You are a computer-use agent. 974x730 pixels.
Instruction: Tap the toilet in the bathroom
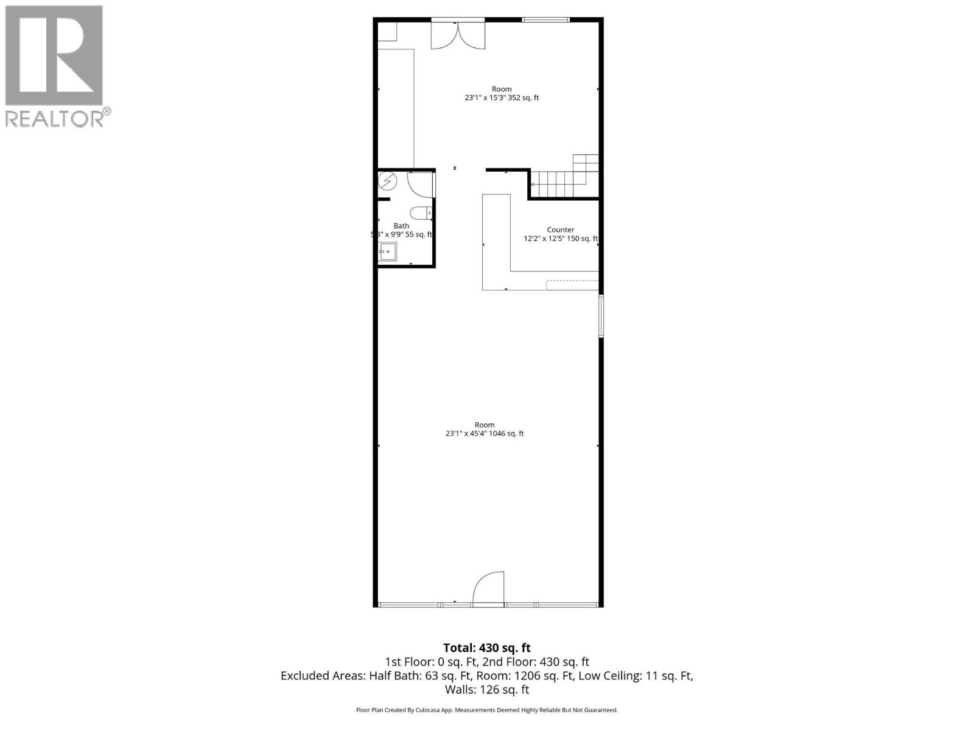tap(420, 213)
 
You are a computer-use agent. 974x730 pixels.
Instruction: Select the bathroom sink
tap(387, 251)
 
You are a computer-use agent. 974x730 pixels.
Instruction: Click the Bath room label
tap(401, 226)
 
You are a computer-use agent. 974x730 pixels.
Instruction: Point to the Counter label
tap(560, 230)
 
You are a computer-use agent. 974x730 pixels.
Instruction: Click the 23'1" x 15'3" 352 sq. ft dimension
tap(502, 97)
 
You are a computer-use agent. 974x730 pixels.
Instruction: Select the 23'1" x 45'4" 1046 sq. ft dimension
tap(485, 434)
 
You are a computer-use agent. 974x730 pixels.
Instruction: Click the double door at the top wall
tap(458, 35)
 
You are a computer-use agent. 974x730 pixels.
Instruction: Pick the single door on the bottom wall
tap(489, 589)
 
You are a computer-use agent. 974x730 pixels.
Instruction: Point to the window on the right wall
tap(601, 316)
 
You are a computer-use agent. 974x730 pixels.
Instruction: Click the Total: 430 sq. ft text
tap(486, 648)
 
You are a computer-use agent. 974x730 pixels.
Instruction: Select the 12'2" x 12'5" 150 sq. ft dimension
tap(561, 239)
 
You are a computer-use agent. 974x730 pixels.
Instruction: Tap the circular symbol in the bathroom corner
tap(387, 181)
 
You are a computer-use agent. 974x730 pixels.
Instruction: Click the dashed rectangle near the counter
tap(572, 285)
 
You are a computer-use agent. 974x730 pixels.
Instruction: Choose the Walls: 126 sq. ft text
tap(486, 689)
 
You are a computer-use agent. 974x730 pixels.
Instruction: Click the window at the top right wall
tap(545, 20)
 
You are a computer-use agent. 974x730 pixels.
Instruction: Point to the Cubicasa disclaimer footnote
tap(486, 710)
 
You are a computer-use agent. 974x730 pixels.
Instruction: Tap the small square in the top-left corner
tap(387, 32)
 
